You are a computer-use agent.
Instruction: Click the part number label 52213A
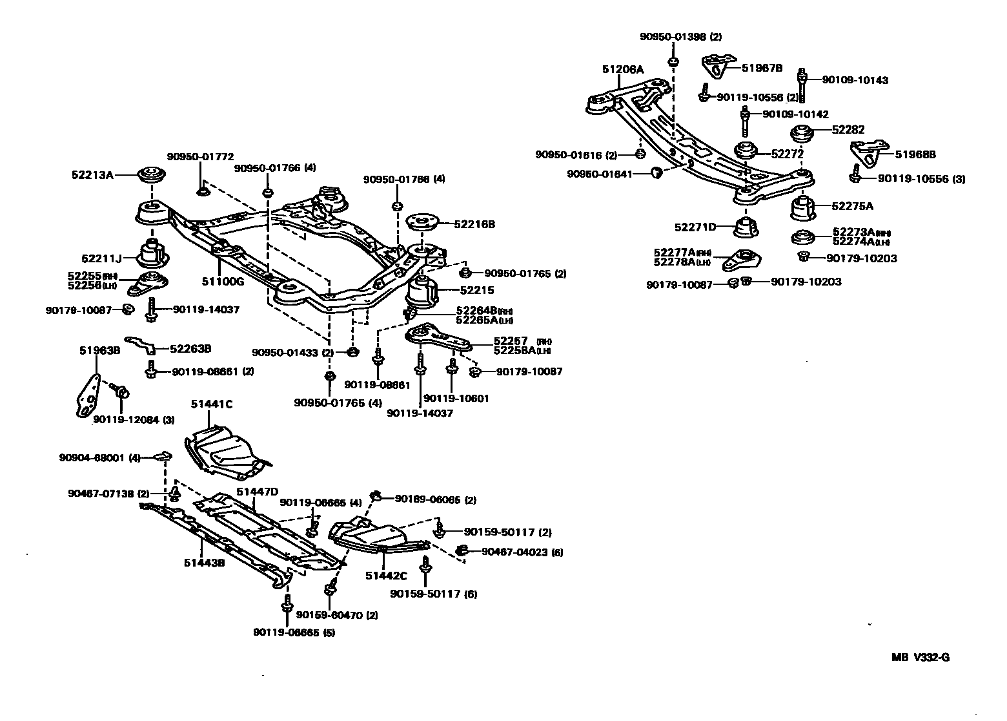[92, 174]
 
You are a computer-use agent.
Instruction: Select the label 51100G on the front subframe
[223, 282]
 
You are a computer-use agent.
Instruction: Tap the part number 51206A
[623, 69]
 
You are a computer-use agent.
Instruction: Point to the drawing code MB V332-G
[921, 658]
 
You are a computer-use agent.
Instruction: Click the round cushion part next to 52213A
[152, 175]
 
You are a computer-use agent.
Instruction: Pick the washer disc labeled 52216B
[423, 224]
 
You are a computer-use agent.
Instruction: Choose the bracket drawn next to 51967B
[718, 66]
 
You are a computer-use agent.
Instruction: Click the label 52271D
[695, 227]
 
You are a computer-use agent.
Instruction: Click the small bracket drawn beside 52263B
[141, 344]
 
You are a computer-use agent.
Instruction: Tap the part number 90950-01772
[200, 156]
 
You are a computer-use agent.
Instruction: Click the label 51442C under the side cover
[386, 576]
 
